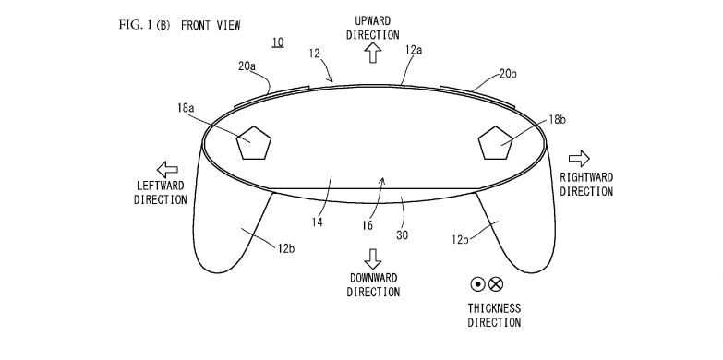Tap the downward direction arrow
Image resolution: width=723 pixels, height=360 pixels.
373,256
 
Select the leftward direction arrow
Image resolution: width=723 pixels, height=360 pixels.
168,168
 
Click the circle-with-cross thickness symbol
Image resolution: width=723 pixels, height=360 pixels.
496,285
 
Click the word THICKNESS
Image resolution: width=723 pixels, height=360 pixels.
493,307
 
